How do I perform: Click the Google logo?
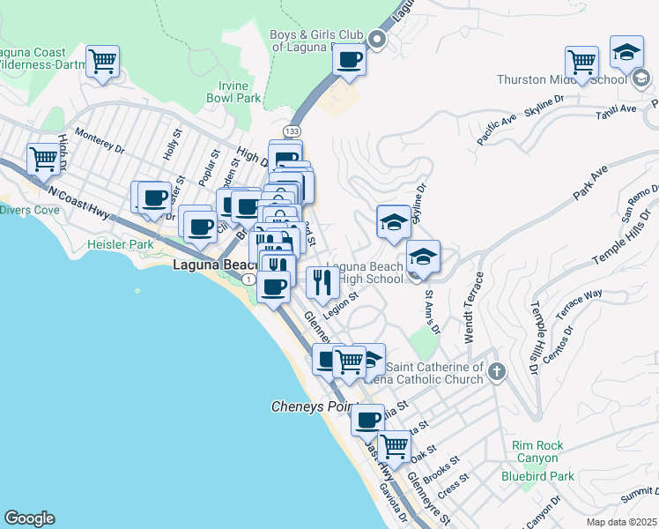click(x=29, y=518)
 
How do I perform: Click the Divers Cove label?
click(x=30, y=210)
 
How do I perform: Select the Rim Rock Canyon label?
click(x=535, y=451)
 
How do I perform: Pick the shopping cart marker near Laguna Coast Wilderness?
click(x=103, y=63)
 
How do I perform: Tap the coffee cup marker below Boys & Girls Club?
click(x=350, y=60)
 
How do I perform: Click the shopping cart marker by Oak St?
click(x=394, y=445)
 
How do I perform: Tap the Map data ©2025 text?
click(x=622, y=522)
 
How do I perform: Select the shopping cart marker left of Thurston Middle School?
click(x=581, y=62)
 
